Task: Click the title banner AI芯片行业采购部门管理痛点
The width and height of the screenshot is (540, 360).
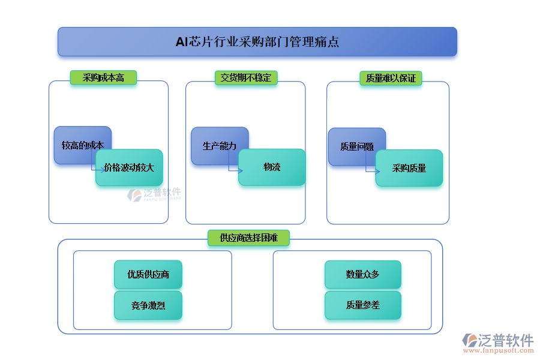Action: click(257, 42)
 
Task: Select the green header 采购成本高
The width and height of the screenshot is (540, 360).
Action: click(103, 77)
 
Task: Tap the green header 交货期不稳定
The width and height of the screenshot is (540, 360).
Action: click(245, 77)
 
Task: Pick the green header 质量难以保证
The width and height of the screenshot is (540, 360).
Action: click(391, 78)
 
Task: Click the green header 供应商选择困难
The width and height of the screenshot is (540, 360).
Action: click(248, 238)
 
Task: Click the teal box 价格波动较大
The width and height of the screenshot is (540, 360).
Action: click(129, 167)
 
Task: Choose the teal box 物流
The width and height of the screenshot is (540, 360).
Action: click(272, 167)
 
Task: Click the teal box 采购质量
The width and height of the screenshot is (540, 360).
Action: click(409, 168)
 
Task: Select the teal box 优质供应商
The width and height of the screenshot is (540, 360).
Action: click(148, 274)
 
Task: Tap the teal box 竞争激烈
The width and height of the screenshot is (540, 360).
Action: click(148, 305)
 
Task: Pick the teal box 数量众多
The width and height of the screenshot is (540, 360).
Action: click(363, 274)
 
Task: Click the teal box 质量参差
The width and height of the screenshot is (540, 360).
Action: click(363, 305)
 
